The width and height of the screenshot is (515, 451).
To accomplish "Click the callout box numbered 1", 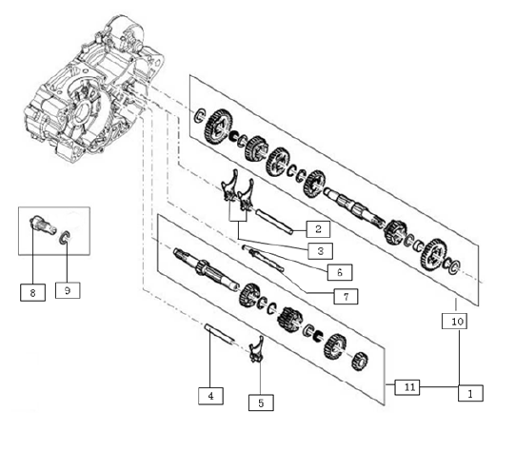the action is (470, 393).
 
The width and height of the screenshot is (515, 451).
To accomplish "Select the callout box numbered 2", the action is (318, 228).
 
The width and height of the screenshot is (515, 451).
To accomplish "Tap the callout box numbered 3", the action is (320, 251).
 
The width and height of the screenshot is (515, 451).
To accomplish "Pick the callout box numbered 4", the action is (211, 396).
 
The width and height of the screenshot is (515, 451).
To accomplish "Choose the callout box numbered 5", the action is (261, 402).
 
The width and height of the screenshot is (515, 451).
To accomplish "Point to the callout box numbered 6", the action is (340, 272).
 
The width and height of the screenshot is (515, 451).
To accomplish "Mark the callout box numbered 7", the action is (346, 297).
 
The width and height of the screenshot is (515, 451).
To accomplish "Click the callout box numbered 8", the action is (32, 293).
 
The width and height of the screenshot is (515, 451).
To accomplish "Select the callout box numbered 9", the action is (68, 290).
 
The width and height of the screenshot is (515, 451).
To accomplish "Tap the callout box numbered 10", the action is (455, 321).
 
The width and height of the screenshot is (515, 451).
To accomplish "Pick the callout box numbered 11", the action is (407, 387).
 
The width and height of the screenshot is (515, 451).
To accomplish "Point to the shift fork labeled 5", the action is (256, 349).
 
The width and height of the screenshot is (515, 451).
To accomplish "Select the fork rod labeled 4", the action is (220, 334).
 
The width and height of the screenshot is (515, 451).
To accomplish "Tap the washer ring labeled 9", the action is (65, 238).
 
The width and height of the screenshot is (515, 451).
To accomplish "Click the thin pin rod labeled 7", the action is (267, 260).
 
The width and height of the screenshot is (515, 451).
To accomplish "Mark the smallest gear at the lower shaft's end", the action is (359, 361).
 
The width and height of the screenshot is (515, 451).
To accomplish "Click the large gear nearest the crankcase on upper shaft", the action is (218, 126).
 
